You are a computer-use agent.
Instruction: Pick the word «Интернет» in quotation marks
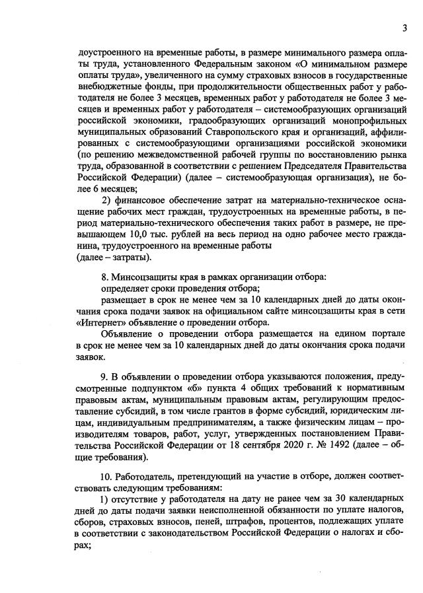pos(99,322)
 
